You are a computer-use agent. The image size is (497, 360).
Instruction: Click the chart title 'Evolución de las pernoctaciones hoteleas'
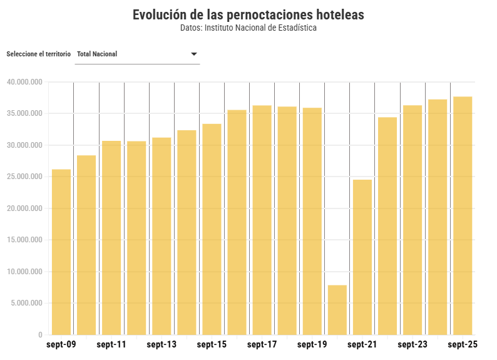tap(248, 15)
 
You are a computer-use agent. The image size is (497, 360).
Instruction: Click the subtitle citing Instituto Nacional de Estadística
tap(248, 28)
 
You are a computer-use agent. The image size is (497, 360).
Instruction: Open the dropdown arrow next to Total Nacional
tap(194, 54)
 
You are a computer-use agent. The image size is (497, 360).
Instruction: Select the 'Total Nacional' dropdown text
tap(97, 54)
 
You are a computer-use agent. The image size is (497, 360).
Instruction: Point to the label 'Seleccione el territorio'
tap(38, 54)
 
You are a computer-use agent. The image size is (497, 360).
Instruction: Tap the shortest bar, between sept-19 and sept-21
tap(337, 310)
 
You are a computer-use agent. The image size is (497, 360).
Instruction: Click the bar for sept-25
tap(463, 215)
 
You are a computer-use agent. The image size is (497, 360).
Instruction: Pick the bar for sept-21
tap(362, 257)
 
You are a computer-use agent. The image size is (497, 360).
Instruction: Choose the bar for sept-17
tap(262, 220)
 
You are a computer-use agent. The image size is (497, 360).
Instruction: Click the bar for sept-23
tap(412, 220)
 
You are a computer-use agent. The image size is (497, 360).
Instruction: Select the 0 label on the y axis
tap(40, 335)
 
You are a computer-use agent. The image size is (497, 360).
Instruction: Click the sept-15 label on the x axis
tap(212, 345)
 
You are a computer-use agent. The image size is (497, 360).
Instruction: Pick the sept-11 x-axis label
tap(111, 345)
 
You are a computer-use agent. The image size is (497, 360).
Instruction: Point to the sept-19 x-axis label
tap(312, 345)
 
